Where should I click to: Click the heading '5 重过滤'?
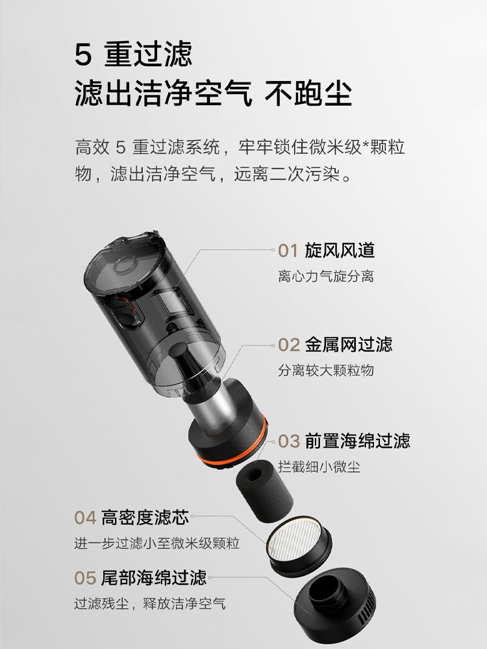point(134,55)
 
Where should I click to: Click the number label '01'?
point(288,251)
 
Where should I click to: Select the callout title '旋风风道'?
point(340,251)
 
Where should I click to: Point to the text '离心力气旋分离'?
point(325,276)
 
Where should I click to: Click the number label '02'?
point(289,344)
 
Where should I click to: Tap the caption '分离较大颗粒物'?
point(325,370)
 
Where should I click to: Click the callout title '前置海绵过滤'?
point(357,441)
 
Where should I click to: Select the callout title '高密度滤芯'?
point(145,517)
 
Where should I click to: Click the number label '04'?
point(85,517)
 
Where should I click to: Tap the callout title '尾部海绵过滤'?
point(153,577)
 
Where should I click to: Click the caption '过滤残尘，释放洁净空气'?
point(150,604)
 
